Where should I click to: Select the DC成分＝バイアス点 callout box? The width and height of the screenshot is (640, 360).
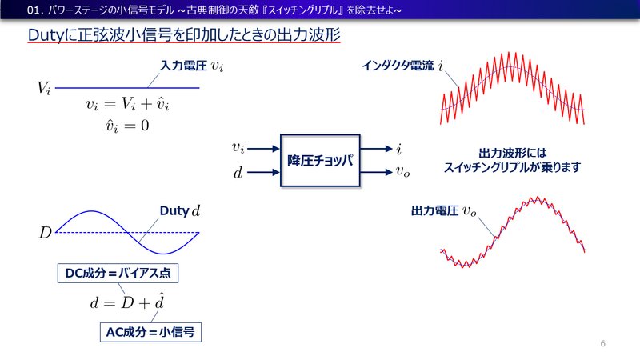[118, 274]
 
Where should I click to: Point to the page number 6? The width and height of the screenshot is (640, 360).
[602, 343]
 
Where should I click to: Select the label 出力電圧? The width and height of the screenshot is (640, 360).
[433, 211]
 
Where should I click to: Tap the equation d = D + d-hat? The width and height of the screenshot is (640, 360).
[132, 302]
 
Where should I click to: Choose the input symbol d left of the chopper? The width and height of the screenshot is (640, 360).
[238, 171]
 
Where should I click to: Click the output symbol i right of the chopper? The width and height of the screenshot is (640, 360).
[398, 148]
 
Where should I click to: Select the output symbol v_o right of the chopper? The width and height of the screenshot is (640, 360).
[402, 171]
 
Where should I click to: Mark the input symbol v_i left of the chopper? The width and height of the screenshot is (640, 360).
[238, 148]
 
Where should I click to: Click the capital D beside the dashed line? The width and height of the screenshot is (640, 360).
[45, 233]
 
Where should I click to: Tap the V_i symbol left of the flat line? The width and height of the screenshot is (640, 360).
[45, 87]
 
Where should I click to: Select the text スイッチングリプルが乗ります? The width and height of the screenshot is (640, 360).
[512, 168]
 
